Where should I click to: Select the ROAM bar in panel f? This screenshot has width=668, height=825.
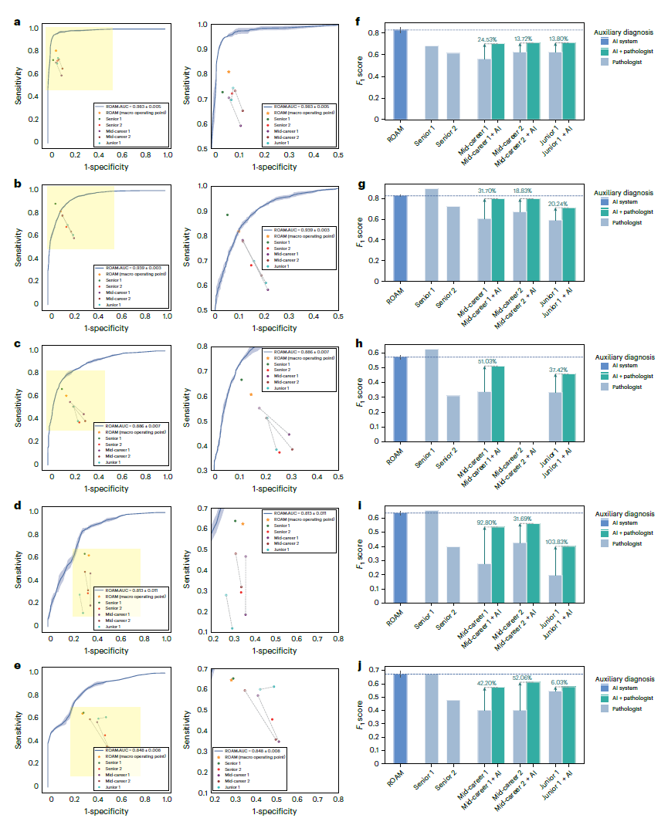coord(400,75)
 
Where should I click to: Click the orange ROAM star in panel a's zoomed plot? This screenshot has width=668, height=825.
coord(229,72)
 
